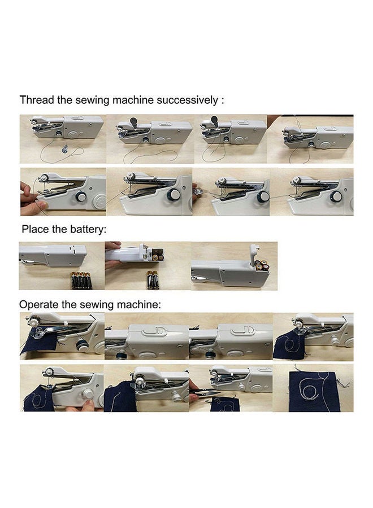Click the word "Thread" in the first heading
pyautogui.click(x=35, y=100)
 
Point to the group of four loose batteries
pyautogui.click(x=80, y=279)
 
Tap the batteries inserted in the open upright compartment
pyautogui.click(x=260, y=266)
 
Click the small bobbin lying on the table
pyautogui.click(x=66, y=148)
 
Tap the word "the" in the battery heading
pyautogui.click(x=64, y=230)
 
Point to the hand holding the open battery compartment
pyautogui.click(x=113, y=247)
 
